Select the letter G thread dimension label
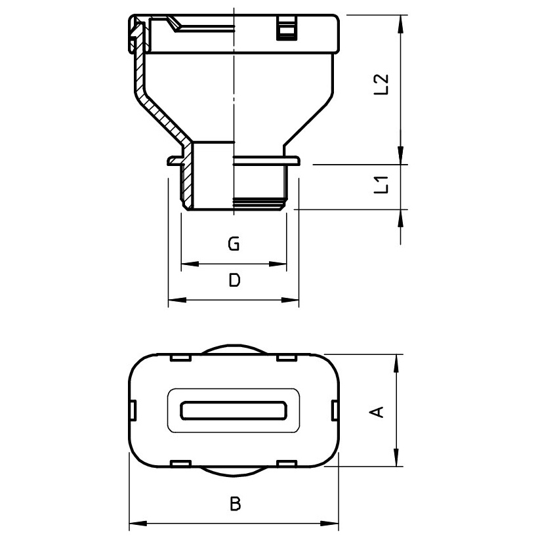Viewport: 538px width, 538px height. (234, 244)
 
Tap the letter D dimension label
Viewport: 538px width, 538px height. (235, 280)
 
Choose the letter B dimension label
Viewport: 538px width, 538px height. (236, 504)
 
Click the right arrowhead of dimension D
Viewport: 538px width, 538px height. (290, 300)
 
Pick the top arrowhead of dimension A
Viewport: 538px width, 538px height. (397, 363)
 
